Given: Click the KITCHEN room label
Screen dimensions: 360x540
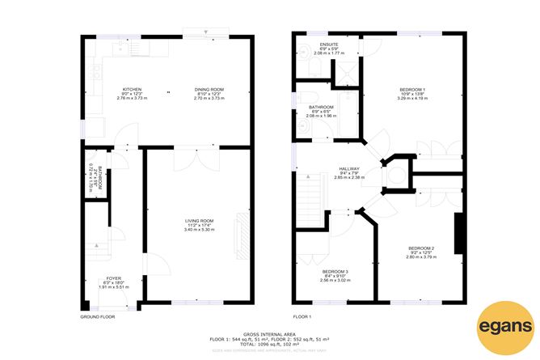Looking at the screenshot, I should [x=132, y=89].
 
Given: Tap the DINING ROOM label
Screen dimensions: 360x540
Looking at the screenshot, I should [x=209, y=89].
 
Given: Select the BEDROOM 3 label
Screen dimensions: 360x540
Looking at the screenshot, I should [x=335, y=271].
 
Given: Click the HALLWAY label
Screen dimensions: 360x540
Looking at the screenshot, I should [x=349, y=169].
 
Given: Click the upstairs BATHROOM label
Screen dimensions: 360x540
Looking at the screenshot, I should [x=321, y=107].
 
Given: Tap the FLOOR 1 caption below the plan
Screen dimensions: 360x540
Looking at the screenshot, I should [x=302, y=316].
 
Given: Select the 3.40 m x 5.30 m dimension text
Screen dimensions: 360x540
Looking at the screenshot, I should [x=198, y=230].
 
